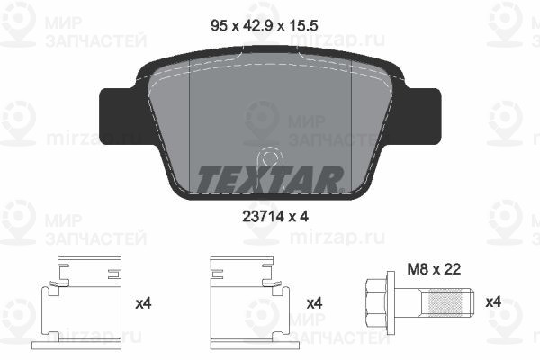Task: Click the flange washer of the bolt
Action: (x=397, y=298)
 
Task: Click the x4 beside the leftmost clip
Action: (x=142, y=303)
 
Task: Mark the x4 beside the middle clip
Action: (x=313, y=303)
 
